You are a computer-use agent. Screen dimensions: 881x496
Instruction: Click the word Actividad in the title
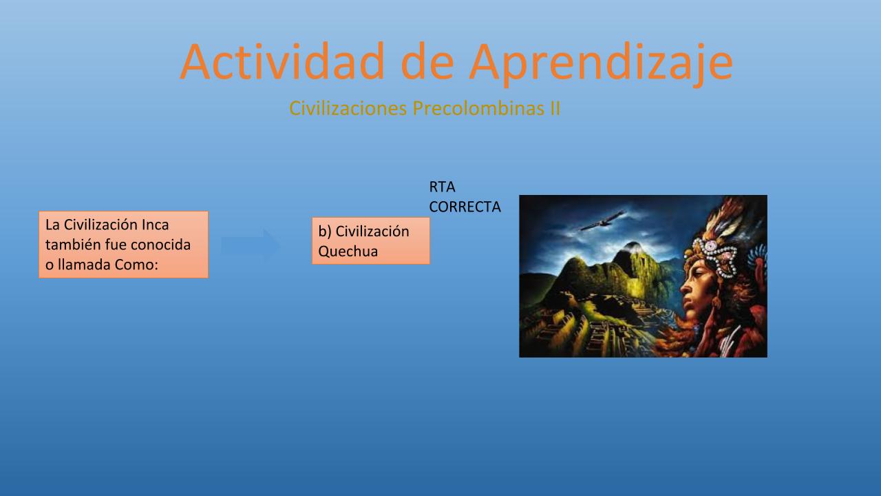[x=282, y=61]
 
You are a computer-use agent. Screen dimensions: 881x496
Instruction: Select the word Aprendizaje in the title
[x=601, y=64]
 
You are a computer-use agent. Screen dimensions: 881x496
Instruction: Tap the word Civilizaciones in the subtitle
[x=348, y=108]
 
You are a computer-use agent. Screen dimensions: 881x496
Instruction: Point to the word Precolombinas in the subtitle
[x=478, y=108]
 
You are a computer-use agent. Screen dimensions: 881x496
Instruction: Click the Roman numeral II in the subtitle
[x=555, y=108]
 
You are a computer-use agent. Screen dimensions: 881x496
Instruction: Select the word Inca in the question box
[x=156, y=225]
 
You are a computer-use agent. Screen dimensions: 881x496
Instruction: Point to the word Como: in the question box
[x=136, y=265]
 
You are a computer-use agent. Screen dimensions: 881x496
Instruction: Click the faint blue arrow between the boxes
[x=251, y=245]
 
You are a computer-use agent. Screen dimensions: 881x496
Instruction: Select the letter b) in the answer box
[x=325, y=231]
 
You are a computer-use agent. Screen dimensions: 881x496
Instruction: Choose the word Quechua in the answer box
[x=348, y=251]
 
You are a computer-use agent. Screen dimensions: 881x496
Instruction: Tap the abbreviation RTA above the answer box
[x=442, y=187]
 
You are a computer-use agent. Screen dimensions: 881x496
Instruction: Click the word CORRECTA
[x=465, y=207]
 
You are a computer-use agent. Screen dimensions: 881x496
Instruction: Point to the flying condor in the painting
[x=602, y=221]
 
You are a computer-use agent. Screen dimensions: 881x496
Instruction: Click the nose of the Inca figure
[x=685, y=290]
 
